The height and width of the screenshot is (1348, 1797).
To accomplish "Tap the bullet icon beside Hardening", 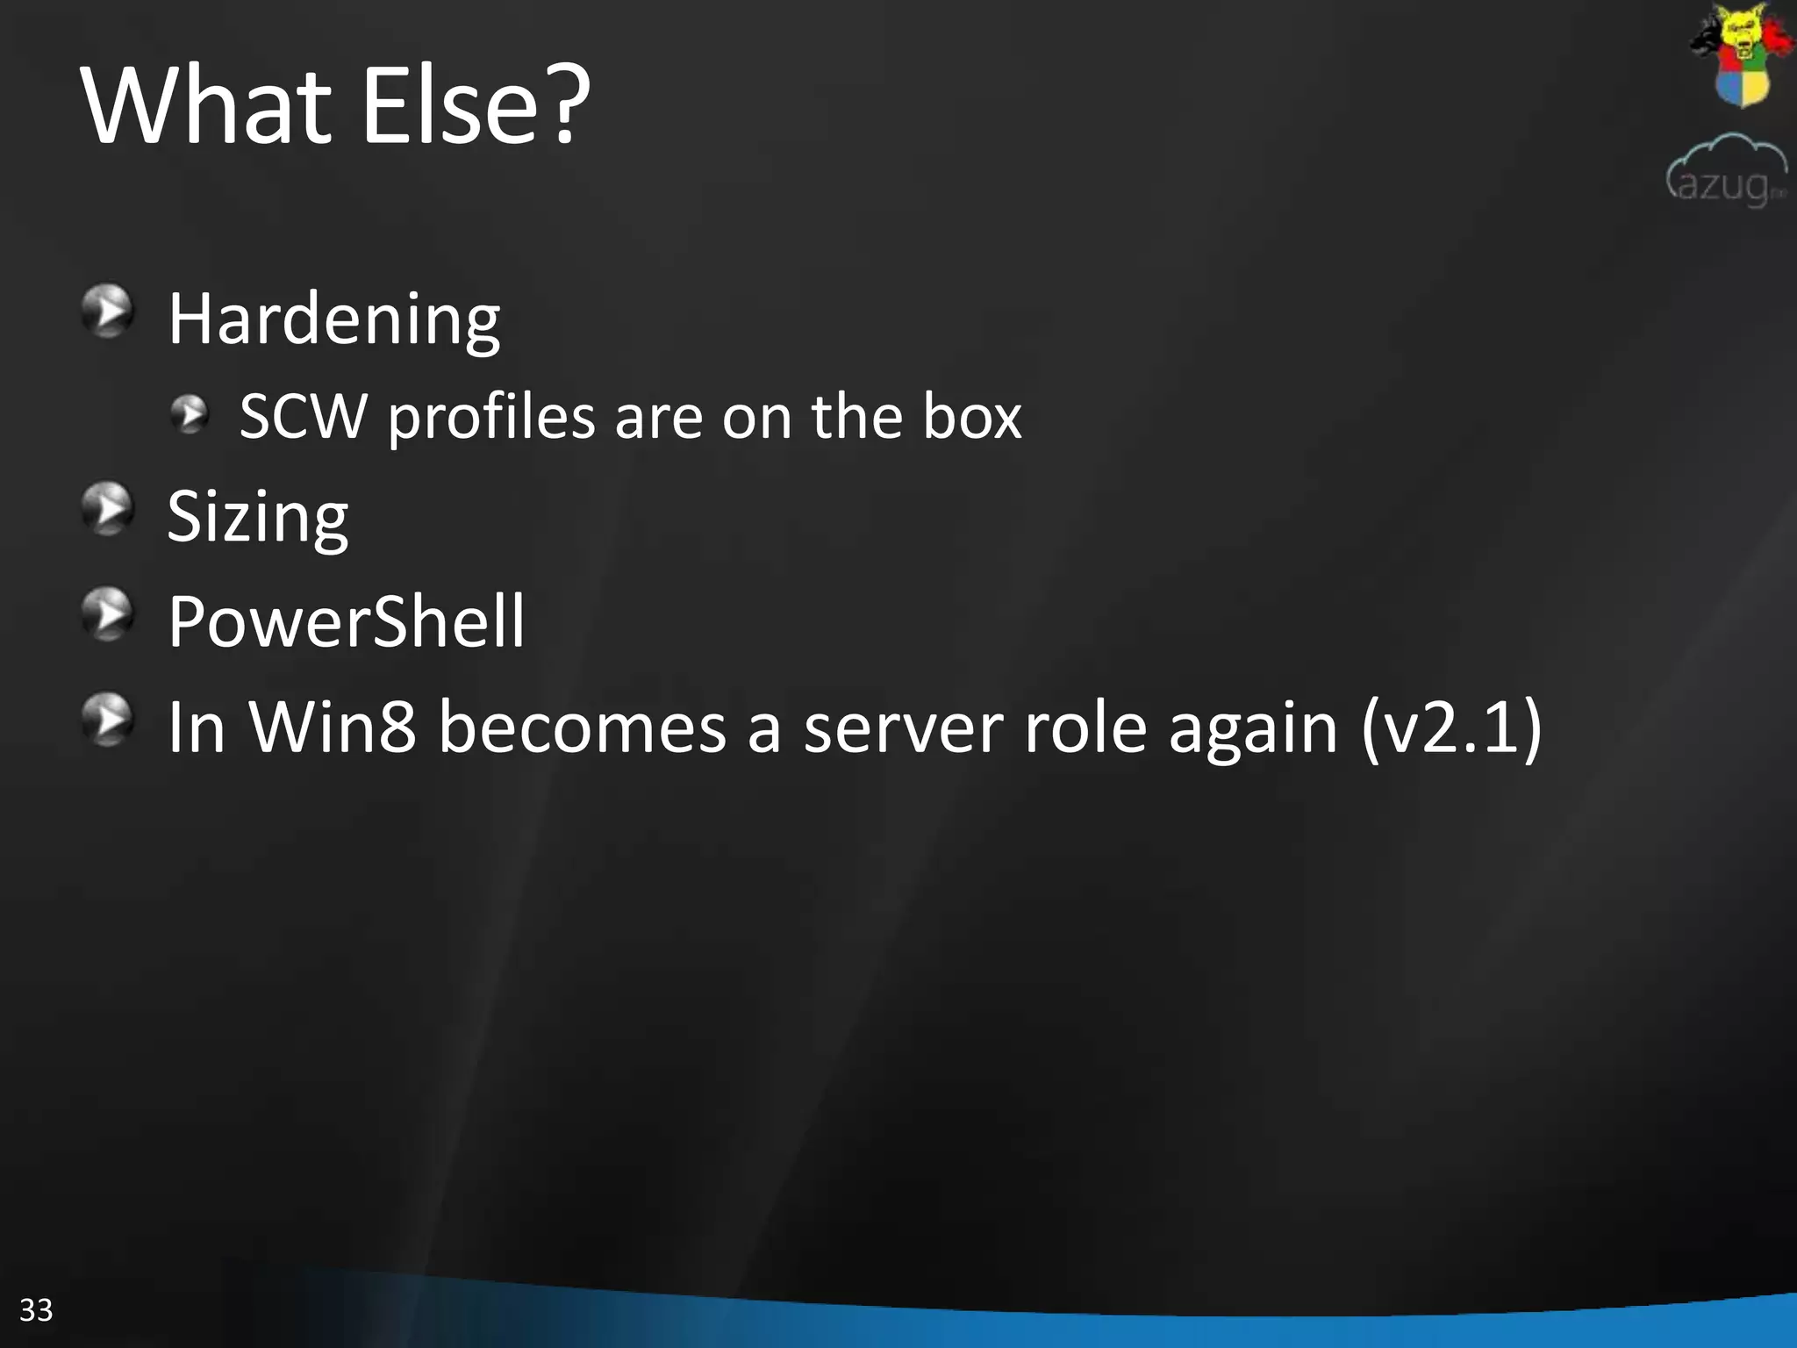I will click(x=108, y=311).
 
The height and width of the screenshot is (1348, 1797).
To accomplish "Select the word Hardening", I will click(x=333, y=319).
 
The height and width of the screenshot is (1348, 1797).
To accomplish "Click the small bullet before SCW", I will click(x=189, y=414).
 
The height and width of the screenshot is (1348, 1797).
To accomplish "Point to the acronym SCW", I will click(x=303, y=416).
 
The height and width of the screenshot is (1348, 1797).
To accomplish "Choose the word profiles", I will click(x=491, y=418).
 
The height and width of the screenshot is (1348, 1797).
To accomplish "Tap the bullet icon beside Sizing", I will click(x=108, y=508).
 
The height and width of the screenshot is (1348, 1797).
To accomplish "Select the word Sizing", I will click(x=257, y=518).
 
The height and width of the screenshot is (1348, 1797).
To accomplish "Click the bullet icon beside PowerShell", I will click(x=108, y=613).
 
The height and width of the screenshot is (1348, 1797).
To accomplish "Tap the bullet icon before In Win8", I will click(x=108, y=719).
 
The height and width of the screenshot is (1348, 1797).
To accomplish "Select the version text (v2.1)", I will click(x=1451, y=728).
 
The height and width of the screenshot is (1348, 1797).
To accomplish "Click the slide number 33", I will click(x=36, y=1309).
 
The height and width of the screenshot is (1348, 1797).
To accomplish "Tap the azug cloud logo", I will click(x=1726, y=170).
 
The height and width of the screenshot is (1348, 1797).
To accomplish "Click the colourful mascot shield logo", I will click(x=1741, y=54).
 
